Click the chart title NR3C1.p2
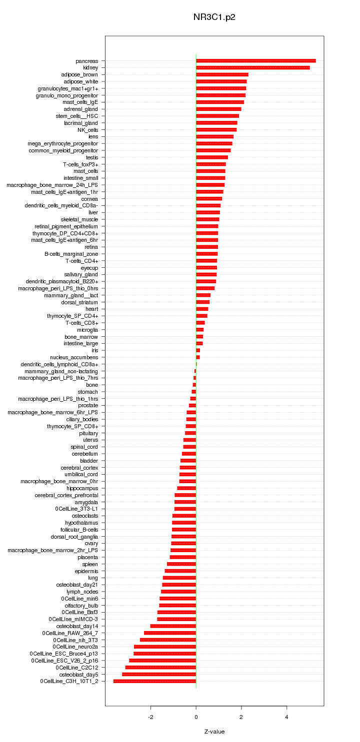tap(214, 17)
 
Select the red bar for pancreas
tap(255, 61)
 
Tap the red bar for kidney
tap(252, 67)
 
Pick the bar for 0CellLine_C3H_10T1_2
tap(154, 681)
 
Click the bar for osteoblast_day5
tap(159, 674)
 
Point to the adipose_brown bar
tap(222, 74)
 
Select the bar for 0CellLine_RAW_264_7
tap(170, 633)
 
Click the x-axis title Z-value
tap(214, 732)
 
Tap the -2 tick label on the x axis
tap(150, 717)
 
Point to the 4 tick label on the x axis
tap(286, 717)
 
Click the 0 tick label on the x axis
tap(196, 717)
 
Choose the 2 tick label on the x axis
tap(241, 717)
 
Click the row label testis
tap(92, 157)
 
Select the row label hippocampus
tap(82, 488)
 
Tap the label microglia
tap(87, 330)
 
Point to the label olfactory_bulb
tap(81, 605)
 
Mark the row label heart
tap(92, 309)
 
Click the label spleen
tap(90, 564)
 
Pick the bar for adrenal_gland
tap(218, 109)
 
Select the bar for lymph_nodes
tap(178, 592)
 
